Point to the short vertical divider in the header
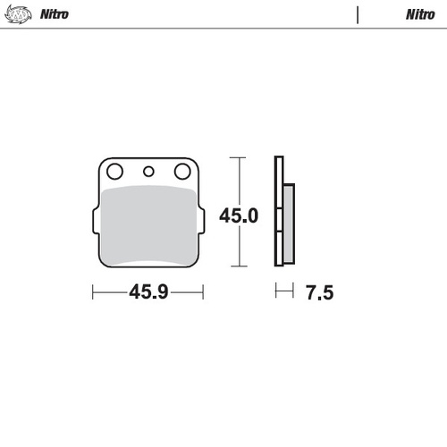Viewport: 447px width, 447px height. (x=358, y=14)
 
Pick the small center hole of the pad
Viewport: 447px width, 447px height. (x=148, y=172)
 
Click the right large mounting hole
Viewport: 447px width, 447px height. (x=182, y=172)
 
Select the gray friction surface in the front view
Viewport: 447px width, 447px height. (x=148, y=223)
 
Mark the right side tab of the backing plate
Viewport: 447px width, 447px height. (x=201, y=219)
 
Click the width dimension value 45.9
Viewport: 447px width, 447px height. (x=149, y=292)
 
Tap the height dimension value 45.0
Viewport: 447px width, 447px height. (x=240, y=216)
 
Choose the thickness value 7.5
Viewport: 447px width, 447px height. (x=318, y=292)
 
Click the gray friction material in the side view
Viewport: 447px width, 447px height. (x=288, y=223)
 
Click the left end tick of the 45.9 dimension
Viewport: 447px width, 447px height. (x=93, y=291)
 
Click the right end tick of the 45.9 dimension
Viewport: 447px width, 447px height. (x=204, y=291)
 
